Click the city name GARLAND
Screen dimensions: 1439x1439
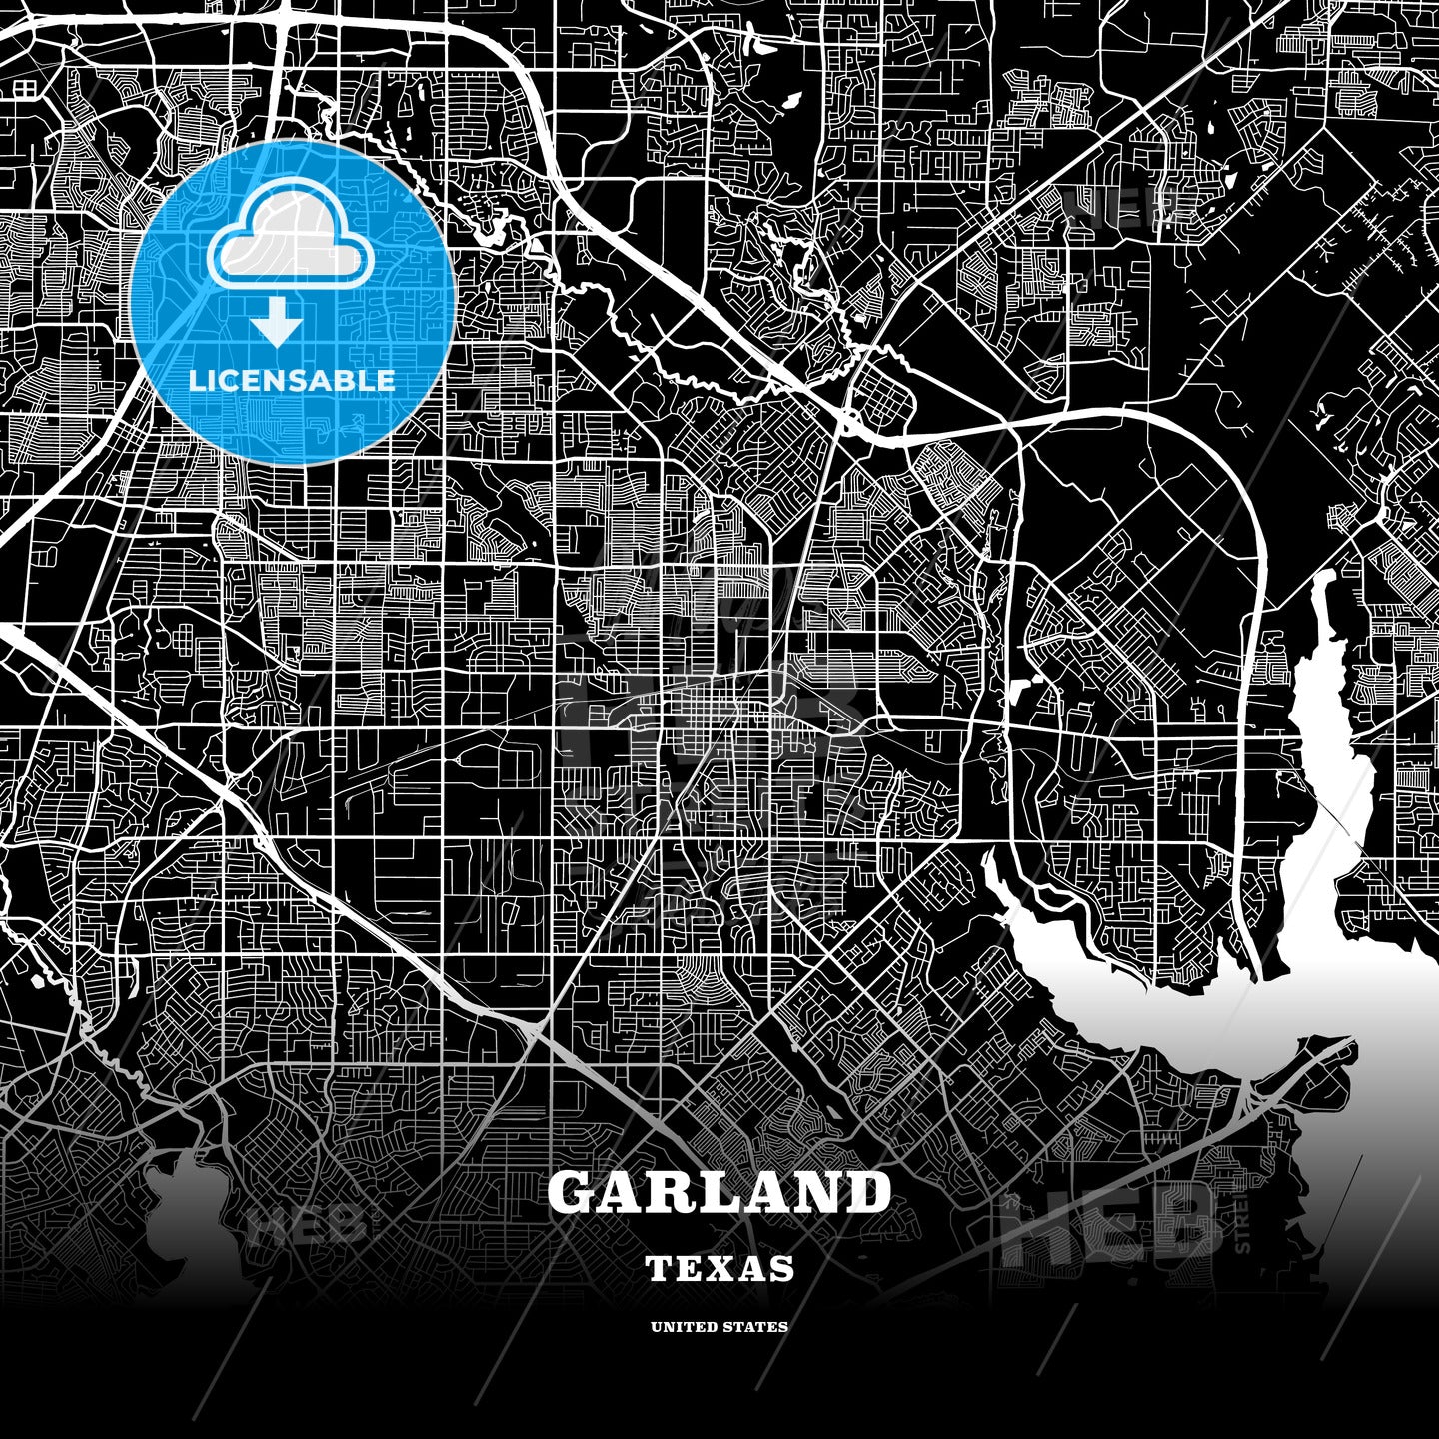point(719,1192)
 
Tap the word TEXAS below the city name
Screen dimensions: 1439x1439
point(719,1269)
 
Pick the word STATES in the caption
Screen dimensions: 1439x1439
point(757,1327)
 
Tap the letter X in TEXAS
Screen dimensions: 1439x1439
point(720,1269)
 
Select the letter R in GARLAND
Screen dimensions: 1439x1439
point(673,1192)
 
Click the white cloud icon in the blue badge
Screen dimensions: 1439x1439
point(290,241)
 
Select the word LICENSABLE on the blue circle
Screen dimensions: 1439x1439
point(292,380)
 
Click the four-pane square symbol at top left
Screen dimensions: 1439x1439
point(25,89)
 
